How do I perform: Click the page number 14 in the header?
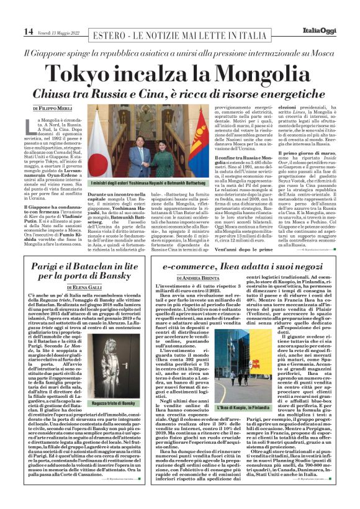tap(29, 31)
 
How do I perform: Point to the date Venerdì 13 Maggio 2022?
tap(60, 32)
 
